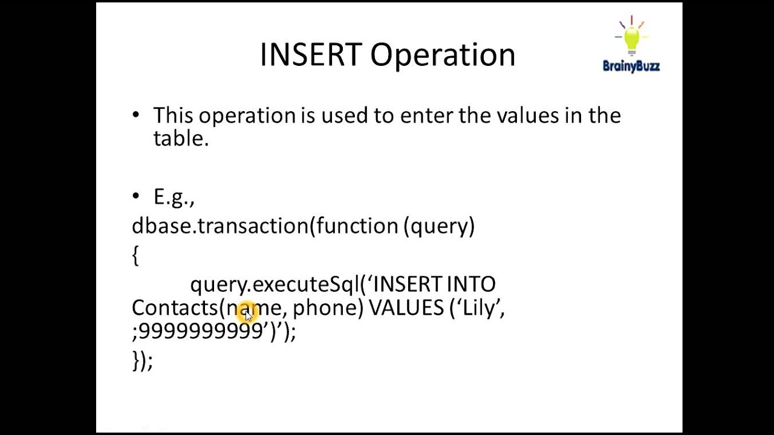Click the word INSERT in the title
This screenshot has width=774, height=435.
click(310, 55)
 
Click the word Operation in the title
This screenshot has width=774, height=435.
click(443, 55)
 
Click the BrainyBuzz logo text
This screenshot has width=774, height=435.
click(631, 66)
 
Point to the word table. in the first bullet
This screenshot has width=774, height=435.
click(181, 138)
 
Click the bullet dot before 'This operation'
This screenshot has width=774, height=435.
click(135, 115)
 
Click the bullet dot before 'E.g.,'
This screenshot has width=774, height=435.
click(135, 196)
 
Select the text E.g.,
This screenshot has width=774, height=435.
click(174, 197)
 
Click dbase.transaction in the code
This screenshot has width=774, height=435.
click(220, 226)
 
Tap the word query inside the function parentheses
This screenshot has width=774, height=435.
click(440, 227)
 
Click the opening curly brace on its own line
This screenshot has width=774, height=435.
click(135, 255)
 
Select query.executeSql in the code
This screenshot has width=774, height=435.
click(275, 284)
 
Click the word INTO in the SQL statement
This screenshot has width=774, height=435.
click(471, 284)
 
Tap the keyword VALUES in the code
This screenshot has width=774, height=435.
click(406, 308)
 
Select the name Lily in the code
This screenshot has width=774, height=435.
click(478, 308)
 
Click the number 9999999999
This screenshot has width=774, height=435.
click(201, 331)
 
